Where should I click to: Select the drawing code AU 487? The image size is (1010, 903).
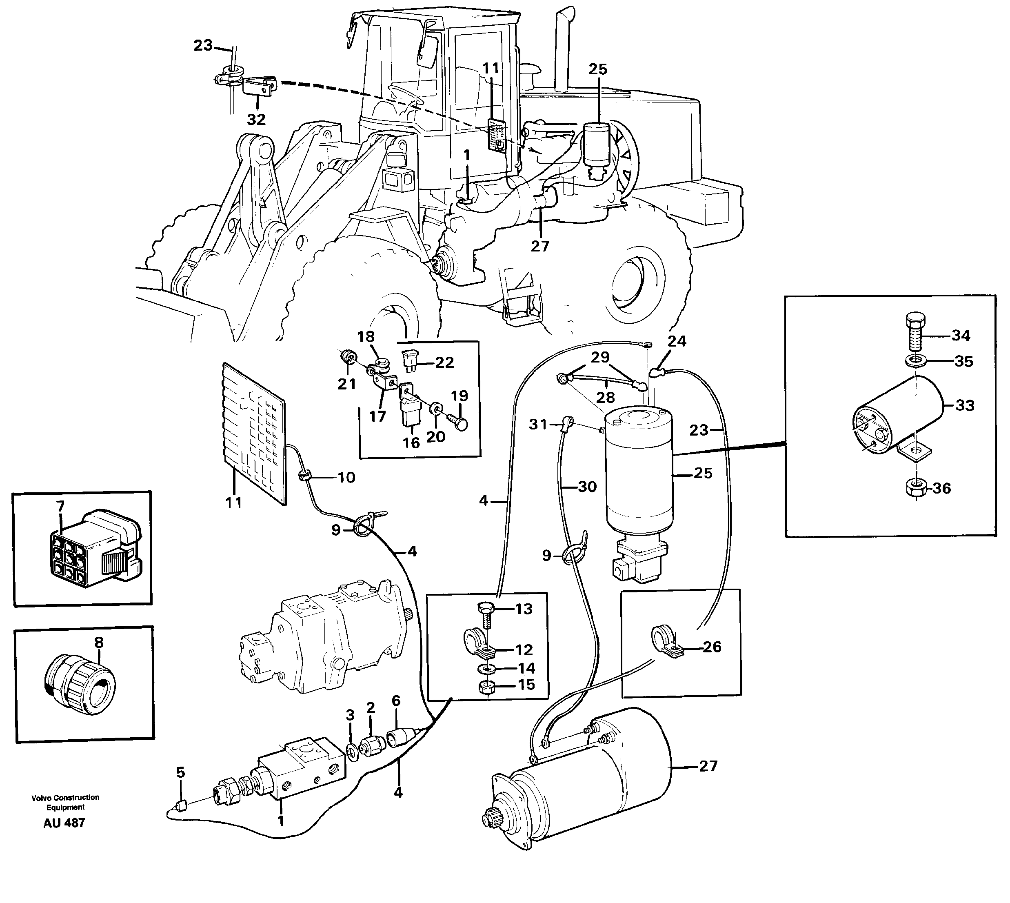[64, 823]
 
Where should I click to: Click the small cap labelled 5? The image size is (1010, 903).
[181, 805]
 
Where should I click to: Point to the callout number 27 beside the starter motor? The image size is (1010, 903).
[708, 766]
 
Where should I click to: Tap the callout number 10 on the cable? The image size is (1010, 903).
[346, 477]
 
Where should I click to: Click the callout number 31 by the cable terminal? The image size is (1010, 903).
[538, 424]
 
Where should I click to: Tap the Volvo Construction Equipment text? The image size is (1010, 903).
[65, 802]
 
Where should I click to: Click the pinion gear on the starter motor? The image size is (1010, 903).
[492, 820]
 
